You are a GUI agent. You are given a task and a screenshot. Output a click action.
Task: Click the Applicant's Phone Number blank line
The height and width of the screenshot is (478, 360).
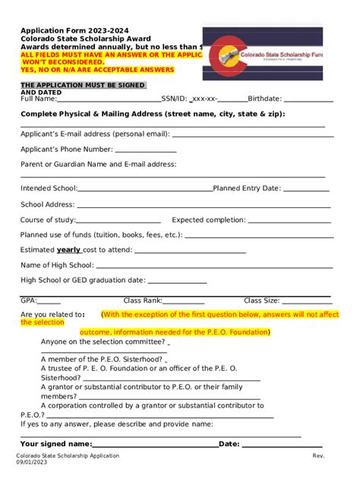click(146, 151)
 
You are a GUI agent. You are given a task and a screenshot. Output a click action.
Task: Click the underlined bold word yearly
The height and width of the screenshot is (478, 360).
click(68, 250)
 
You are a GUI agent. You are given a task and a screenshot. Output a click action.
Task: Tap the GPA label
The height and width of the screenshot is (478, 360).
click(28, 300)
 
